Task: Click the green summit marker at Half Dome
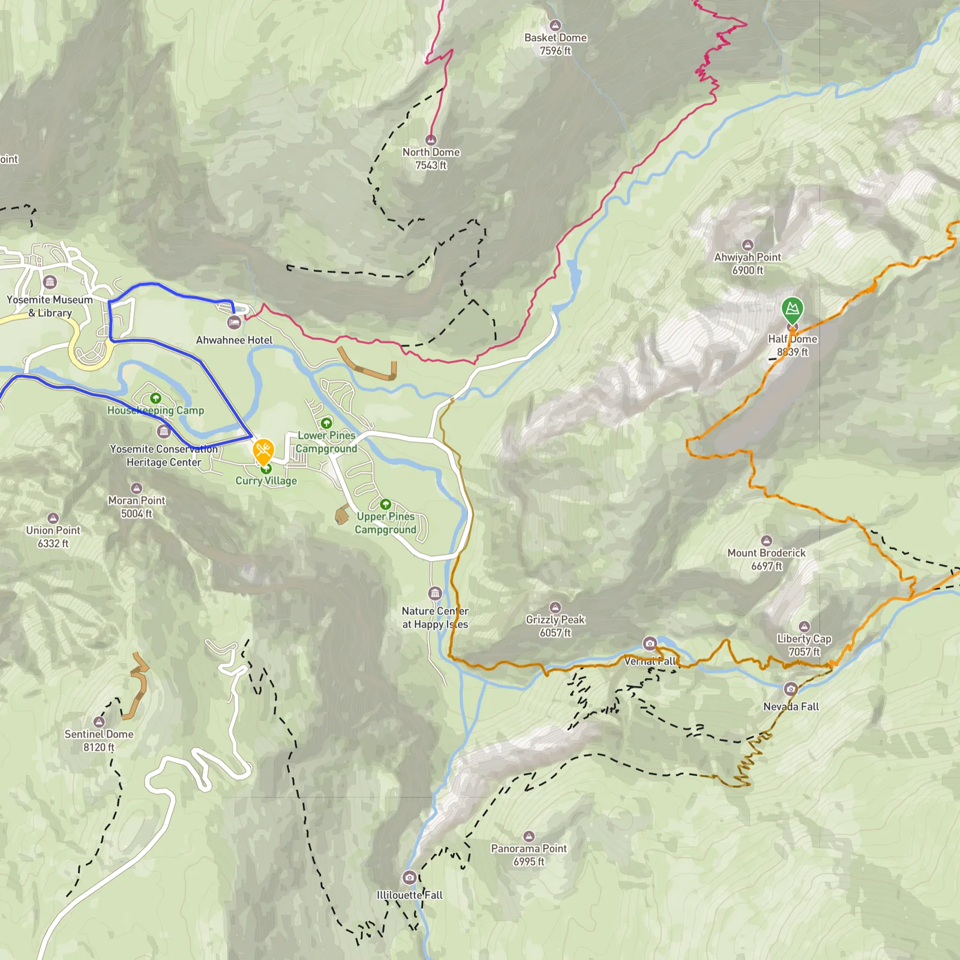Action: point(792,309)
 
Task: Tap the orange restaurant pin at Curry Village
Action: point(263,450)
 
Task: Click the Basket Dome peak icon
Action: point(555,25)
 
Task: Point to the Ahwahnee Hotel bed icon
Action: point(234,323)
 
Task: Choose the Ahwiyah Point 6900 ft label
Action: point(747,263)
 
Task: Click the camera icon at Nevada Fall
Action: point(790,688)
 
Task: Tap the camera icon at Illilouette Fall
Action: point(409,877)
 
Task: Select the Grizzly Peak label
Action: point(555,626)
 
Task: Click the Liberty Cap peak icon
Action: point(804,626)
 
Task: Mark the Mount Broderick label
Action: point(766,559)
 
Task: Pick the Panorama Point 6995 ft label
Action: point(529,854)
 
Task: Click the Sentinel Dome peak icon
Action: point(99,721)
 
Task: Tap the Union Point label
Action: point(53,536)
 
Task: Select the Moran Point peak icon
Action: point(136,488)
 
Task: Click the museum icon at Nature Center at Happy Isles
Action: point(435,593)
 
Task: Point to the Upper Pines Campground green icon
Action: point(385,504)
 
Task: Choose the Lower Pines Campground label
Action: point(326,442)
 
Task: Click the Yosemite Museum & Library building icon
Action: point(50,281)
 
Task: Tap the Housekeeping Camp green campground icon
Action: point(155,398)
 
